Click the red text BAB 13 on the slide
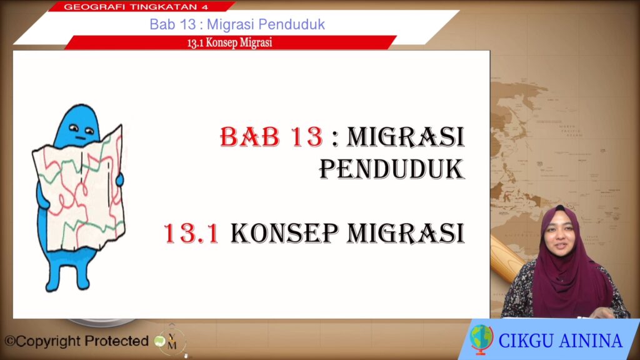[271, 136]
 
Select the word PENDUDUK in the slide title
[392, 169]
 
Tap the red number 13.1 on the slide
[191, 234]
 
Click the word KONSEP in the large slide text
[284, 234]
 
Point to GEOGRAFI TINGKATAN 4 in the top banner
[136, 6]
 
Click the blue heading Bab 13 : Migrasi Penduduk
[237, 24]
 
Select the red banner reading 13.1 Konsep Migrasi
[230, 42]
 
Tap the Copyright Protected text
[76, 341]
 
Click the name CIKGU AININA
[561, 341]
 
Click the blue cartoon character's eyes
[81, 129]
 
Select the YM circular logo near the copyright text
[172, 341]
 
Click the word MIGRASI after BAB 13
[406, 136]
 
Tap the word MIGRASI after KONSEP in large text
[406, 234]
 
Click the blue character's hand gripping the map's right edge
[119, 179]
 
